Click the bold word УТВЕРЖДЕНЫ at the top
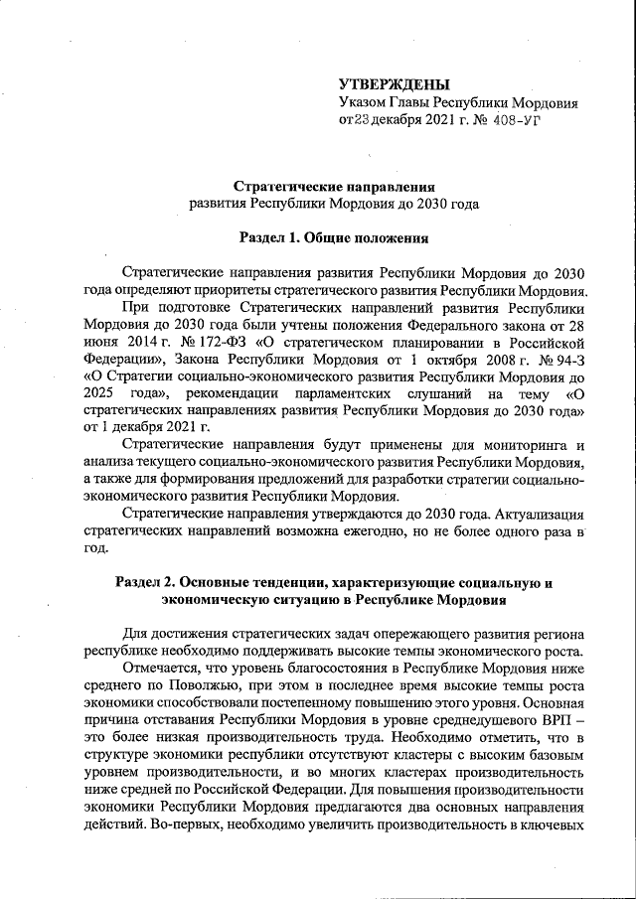click(394, 83)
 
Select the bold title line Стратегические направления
click(334, 186)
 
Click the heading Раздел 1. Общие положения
click(334, 237)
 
